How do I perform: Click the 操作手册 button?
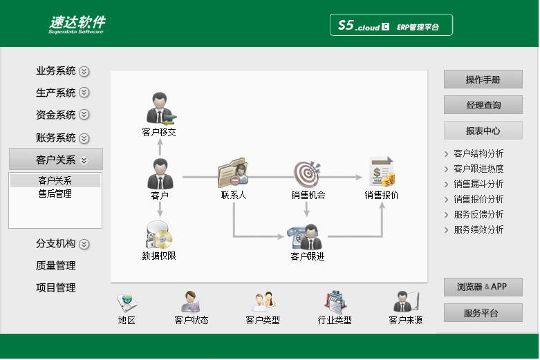[483, 79]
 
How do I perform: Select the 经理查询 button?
[483, 105]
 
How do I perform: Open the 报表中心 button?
[483, 131]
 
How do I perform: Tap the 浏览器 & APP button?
[483, 287]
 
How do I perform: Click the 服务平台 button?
[483, 313]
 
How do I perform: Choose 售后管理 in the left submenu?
[55, 193]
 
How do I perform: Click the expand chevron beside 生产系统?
[84, 93]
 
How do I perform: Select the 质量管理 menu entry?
[55, 265]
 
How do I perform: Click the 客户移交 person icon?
[161, 108]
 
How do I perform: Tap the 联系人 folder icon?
[233, 173]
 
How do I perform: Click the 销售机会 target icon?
[307, 173]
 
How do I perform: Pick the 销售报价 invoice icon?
[382, 171]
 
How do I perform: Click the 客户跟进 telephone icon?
[305, 237]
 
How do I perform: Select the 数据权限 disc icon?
[159, 235]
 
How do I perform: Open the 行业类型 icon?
[335, 302]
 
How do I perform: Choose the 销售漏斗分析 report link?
[478, 184]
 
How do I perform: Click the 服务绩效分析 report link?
[478, 229]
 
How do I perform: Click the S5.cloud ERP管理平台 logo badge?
[391, 25]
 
